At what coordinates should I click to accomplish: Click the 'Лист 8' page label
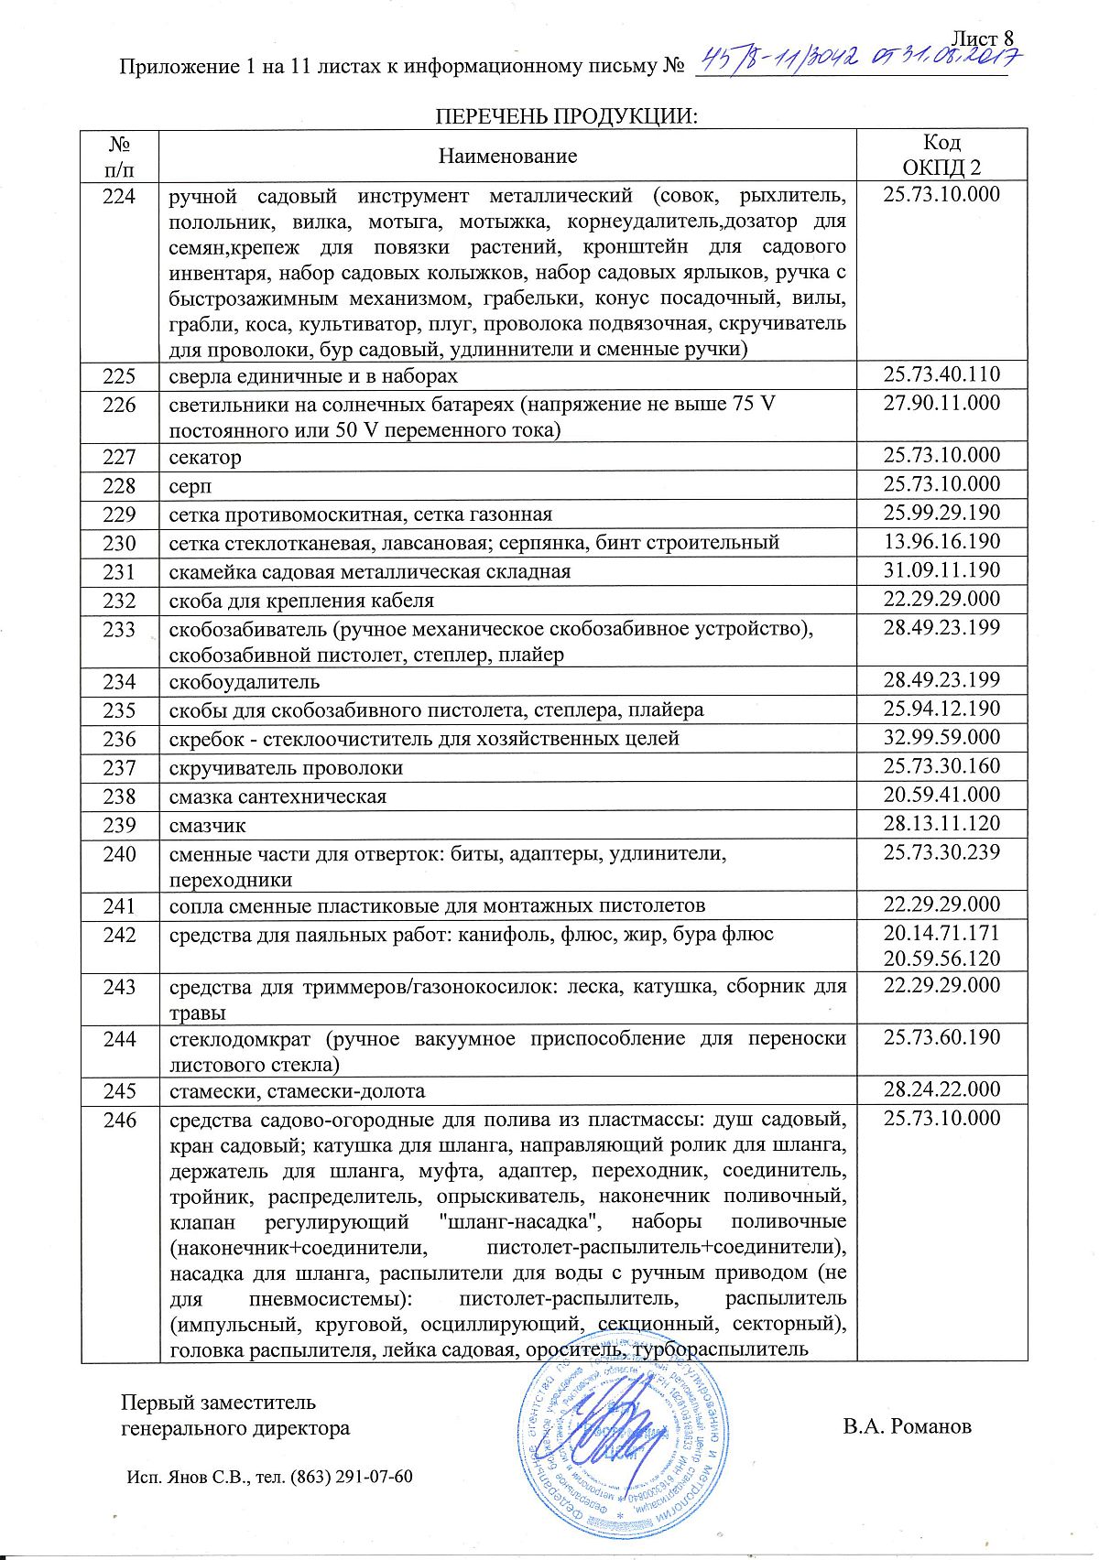coord(985,38)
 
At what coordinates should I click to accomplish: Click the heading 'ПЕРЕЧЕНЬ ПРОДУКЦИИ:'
coord(566,116)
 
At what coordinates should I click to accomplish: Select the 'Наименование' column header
coord(507,156)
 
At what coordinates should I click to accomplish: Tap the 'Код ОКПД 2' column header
coord(941,155)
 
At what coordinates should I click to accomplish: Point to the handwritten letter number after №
coord(859,60)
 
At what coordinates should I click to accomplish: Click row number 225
coord(119,376)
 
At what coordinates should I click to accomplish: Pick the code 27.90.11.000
coord(941,403)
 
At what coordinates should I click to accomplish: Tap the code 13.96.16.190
coord(941,541)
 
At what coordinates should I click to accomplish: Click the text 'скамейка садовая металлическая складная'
coord(370,571)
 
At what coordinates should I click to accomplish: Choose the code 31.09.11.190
coord(941,569)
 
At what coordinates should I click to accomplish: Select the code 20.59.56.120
coord(941,959)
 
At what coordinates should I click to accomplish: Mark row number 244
coord(119,1039)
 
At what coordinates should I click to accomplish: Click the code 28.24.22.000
coord(941,1089)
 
